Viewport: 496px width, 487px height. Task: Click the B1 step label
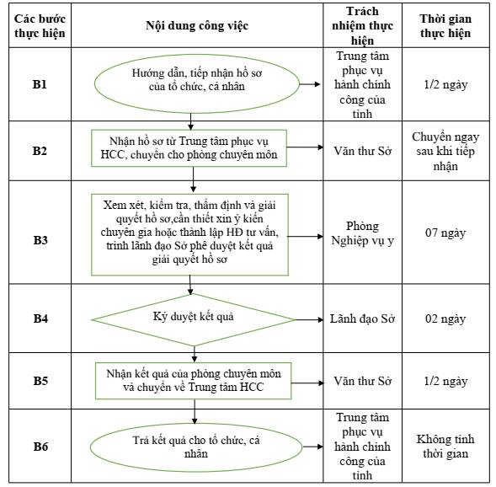(x=40, y=84)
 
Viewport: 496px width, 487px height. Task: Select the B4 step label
(x=40, y=318)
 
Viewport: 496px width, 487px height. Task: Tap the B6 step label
(x=40, y=447)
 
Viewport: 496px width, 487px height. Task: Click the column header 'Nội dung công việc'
(x=197, y=25)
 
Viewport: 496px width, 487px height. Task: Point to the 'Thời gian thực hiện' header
(x=445, y=26)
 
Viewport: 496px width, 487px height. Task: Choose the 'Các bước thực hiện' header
(x=40, y=26)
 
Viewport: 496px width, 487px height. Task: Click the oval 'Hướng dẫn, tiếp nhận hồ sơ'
(x=197, y=84)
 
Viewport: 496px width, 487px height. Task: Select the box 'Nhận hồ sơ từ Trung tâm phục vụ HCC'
(x=189, y=148)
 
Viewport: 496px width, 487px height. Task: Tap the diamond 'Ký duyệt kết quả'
(x=194, y=319)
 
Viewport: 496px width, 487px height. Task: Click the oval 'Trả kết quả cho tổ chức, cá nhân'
(x=196, y=447)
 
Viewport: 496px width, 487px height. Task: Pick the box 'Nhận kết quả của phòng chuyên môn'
(x=194, y=381)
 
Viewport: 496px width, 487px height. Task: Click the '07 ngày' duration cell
(x=445, y=233)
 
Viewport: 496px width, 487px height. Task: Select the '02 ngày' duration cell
(x=445, y=319)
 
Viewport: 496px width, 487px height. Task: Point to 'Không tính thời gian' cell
(x=445, y=447)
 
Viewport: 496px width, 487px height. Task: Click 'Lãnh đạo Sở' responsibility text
(x=362, y=319)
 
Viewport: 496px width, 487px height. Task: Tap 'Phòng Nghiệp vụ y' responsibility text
(x=362, y=233)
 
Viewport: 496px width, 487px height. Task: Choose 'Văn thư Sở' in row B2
(x=362, y=151)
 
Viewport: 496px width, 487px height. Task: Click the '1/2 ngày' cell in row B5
(x=445, y=382)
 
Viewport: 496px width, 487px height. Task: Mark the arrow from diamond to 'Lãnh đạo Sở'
(x=309, y=319)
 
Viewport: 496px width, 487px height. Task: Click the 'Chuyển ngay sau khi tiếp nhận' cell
(x=445, y=152)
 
